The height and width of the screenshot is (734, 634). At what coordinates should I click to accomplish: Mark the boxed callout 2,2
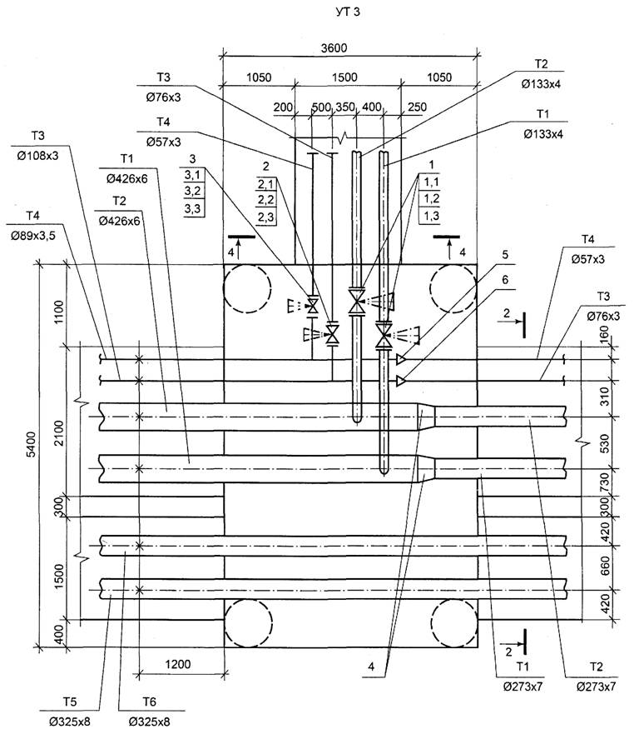(x=267, y=200)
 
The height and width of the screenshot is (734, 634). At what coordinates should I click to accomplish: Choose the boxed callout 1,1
(x=431, y=181)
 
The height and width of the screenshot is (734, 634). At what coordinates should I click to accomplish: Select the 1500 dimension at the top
(x=345, y=77)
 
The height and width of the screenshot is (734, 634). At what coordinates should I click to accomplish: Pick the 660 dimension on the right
(x=606, y=562)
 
